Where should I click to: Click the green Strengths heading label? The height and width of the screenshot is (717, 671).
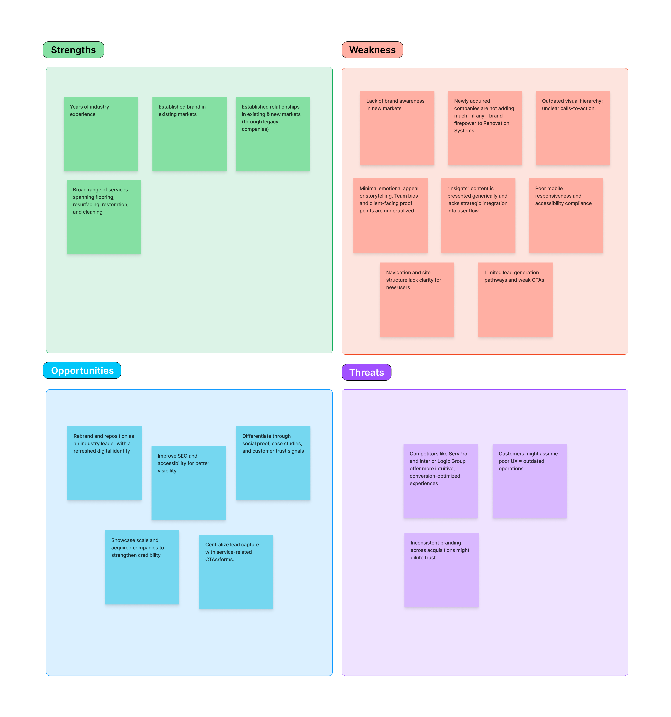[73, 50]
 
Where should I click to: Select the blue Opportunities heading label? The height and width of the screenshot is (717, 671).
[82, 370]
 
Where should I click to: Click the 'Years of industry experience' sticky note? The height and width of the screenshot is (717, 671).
[101, 134]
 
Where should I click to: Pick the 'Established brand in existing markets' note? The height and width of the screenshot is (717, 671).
[189, 134]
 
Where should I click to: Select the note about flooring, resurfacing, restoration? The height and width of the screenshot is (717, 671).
[104, 217]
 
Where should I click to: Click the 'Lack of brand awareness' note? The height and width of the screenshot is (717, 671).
[397, 128]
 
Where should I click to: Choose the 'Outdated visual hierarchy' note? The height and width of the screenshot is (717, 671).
[573, 128]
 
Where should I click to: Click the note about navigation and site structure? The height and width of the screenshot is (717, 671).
[417, 300]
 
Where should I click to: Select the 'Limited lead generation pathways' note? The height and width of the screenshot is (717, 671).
[515, 300]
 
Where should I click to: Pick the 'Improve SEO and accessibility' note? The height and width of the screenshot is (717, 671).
[189, 483]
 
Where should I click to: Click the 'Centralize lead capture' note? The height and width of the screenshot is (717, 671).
[236, 572]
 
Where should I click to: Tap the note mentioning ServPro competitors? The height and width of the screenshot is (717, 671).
[440, 481]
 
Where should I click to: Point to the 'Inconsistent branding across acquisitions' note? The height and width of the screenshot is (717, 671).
[442, 570]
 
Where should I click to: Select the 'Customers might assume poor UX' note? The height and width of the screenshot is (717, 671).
[530, 481]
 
